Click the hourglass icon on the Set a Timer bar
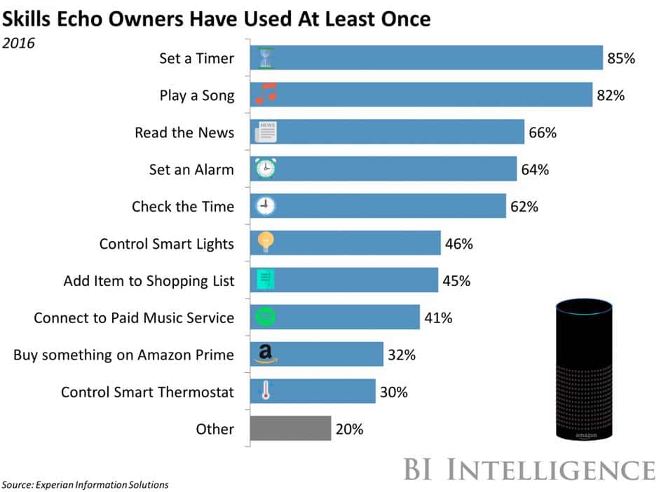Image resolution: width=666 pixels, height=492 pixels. [x=265, y=58]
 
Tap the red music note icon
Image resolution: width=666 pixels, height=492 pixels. [x=266, y=93]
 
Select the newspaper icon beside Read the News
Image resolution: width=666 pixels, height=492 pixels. [x=266, y=132]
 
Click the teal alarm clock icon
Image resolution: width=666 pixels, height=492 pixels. [x=265, y=168]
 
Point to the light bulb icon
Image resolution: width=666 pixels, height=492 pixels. [x=265, y=242]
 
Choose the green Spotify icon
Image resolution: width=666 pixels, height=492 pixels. [x=265, y=317]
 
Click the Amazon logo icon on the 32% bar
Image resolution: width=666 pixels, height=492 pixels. [x=265, y=354]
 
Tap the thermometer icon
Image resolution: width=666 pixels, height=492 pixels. [x=265, y=391]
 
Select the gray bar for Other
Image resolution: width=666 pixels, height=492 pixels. [x=291, y=428]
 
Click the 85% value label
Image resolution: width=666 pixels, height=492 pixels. [x=621, y=59]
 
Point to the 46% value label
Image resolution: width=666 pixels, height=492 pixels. [x=459, y=244]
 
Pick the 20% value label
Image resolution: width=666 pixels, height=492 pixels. [x=349, y=429]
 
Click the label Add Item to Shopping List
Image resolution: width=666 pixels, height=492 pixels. [x=149, y=281]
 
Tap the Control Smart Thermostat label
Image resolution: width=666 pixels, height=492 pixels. [x=147, y=392]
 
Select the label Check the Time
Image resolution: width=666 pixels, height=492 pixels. [x=183, y=207]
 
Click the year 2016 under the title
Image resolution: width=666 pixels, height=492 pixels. [x=18, y=43]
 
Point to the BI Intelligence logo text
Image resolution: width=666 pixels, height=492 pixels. [x=529, y=469]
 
